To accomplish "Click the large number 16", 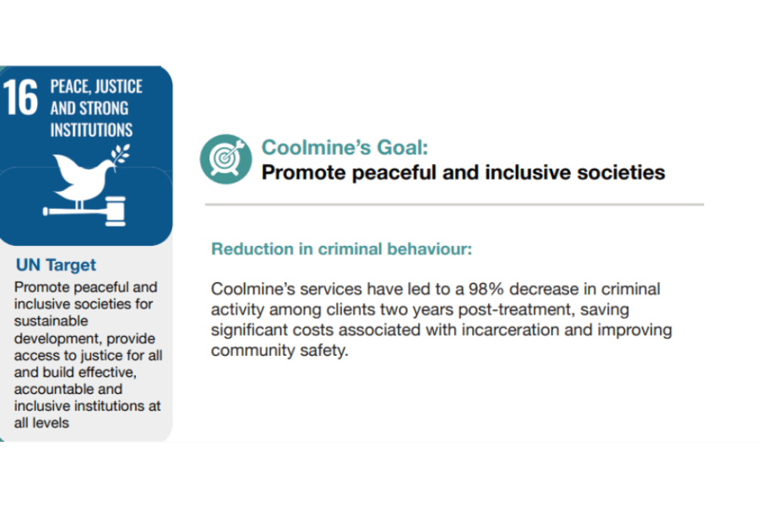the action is coord(20,97).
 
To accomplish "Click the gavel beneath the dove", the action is coord(84,211).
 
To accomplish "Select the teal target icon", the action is coord(225,159).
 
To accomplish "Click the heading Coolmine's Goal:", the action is coord(345,147).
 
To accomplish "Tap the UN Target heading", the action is coord(57,264).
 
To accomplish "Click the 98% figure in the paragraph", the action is coord(486,289).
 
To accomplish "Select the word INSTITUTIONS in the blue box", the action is coord(91,130).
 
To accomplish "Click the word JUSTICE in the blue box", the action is coord(119,86).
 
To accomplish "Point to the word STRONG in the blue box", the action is coord(104,108).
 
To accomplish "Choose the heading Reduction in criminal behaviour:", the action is coord(341,249).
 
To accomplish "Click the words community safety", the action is coord(280,351).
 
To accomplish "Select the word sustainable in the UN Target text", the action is coord(51,321).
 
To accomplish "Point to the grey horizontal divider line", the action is coord(454,204).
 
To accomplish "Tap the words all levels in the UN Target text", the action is coord(41,423).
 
